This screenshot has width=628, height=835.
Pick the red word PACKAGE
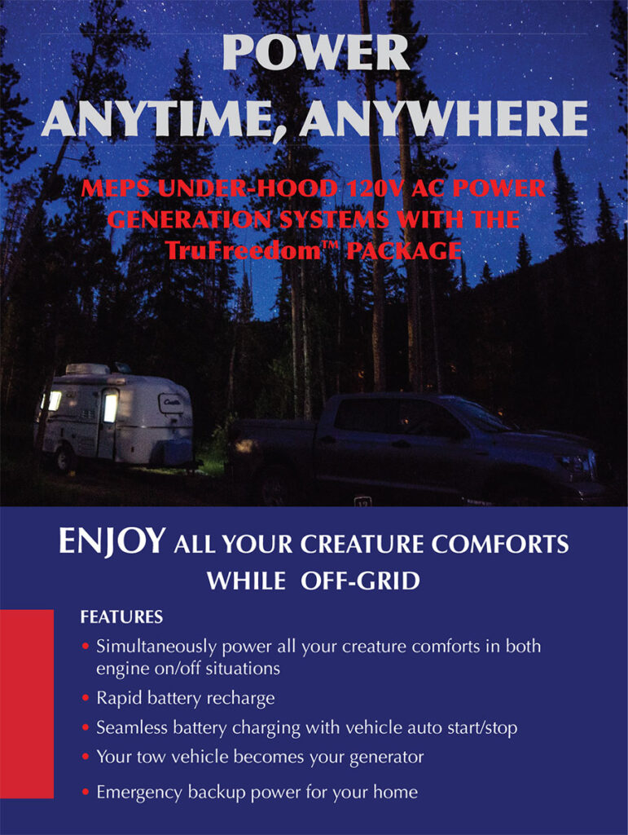click(403, 250)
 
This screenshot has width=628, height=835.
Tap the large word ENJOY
click(112, 542)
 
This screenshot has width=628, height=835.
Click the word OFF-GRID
click(360, 581)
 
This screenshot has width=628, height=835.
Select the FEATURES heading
click(121, 617)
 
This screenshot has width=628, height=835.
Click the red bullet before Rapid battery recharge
click(86, 699)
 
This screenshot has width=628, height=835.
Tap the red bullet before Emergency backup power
click(86, 792)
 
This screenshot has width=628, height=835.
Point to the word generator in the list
click(380, 757)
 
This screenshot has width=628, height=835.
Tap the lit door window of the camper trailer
click(109, 405)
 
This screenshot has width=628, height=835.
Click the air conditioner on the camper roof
click(86, 369)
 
